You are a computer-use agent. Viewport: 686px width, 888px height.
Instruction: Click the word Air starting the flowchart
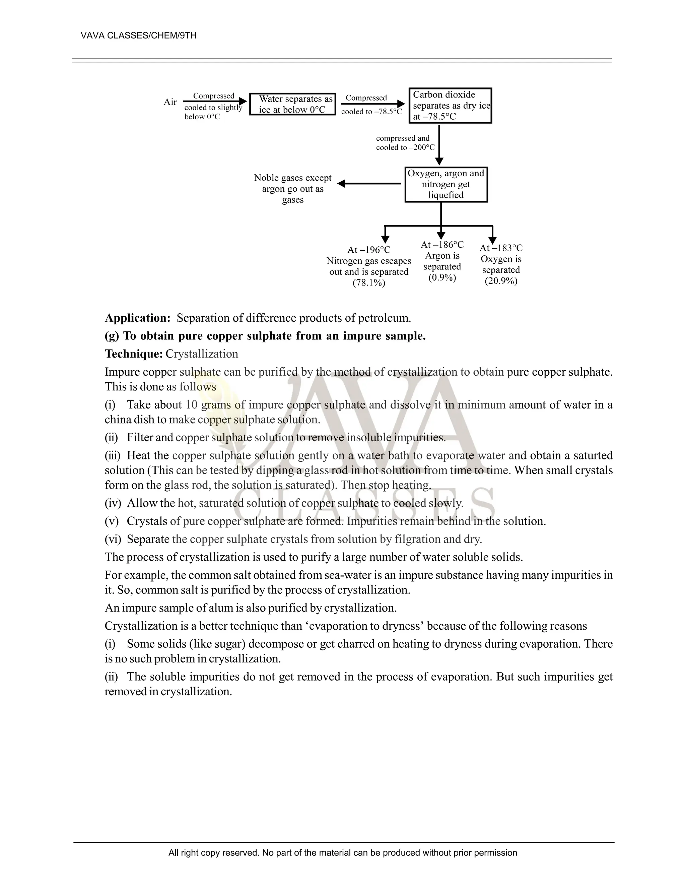[x=170, y=102]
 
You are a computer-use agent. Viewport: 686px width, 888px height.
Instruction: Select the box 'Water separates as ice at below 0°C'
[x=292, y=105]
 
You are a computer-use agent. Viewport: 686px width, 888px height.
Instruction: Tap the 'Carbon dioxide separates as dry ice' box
[x=450, y=106]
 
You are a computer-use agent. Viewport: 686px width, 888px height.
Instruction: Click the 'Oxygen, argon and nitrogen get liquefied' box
[x=446, y=184]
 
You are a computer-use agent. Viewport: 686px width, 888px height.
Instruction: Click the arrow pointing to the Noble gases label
[x=369, y=184]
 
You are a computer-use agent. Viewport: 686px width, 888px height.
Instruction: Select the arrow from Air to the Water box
[x=215, y=102]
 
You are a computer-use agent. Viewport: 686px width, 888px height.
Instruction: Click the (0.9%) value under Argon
[x=442, y=278]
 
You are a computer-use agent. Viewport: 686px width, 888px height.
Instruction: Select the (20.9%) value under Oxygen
[x=501, y=281]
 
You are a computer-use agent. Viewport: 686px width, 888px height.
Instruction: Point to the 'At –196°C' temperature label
[x=368, y=250]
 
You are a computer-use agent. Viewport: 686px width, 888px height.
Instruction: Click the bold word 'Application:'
[x=138, y=318]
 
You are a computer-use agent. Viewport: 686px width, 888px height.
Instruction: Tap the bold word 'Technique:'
[x=134, y=354]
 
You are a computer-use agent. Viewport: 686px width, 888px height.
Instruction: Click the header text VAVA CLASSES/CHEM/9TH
[x=139, y=36]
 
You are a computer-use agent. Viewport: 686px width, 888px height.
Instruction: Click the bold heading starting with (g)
[x=265, y=336]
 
